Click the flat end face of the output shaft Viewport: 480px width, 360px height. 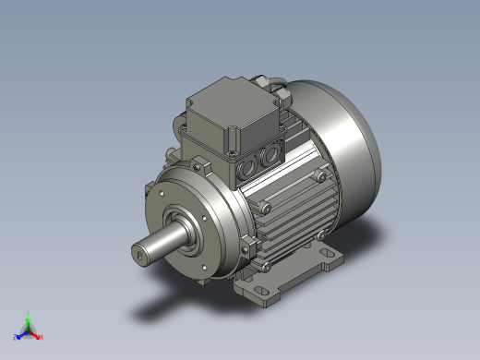141,251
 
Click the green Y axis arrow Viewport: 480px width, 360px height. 29,319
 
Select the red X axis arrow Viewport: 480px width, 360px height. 36,334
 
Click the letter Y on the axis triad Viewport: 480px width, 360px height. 29,312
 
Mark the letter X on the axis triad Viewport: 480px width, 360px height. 42,337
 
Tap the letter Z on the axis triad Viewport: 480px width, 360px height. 16,338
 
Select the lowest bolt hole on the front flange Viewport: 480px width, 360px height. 199,272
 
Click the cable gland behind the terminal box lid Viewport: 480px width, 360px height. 274,88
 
